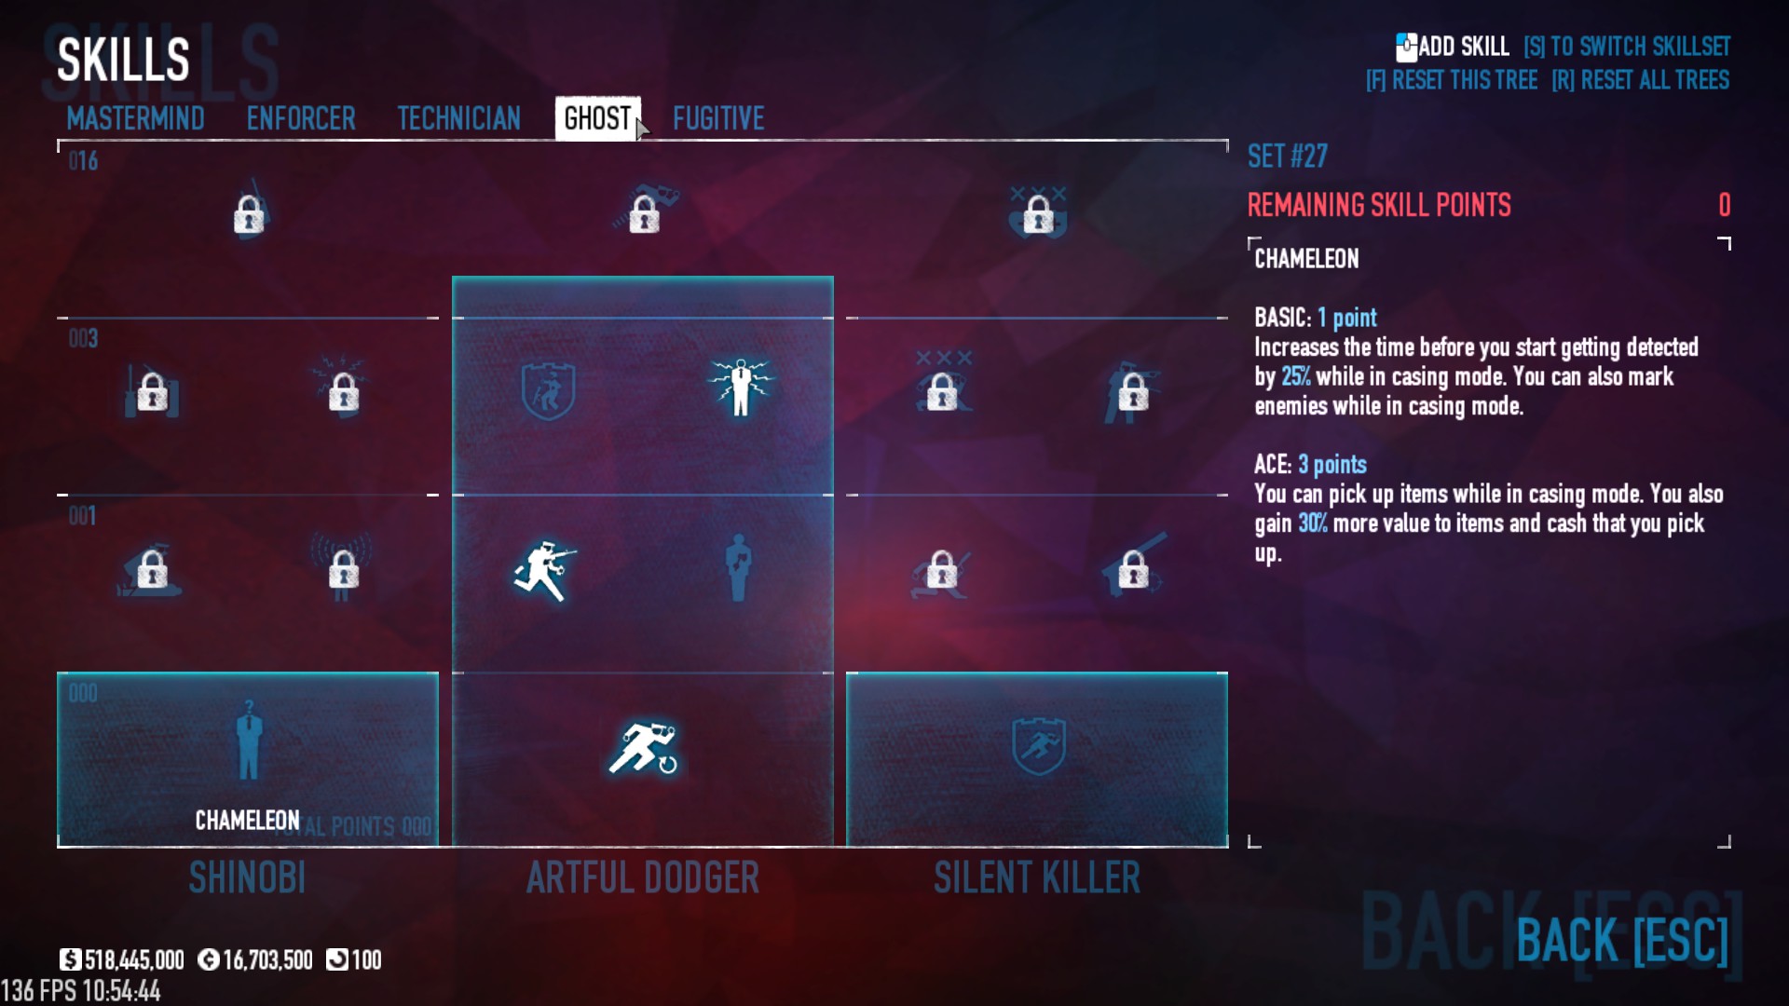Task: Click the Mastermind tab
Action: (135, 118)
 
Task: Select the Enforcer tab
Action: (301, 118)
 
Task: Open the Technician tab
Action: (458, 118)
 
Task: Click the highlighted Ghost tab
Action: (597, 118)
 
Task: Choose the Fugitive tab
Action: (718, 118)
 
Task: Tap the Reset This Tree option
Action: (1452, 80)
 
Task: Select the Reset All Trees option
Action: (1640, 80)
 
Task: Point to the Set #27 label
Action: (1287, 156)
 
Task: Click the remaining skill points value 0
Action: (1724, 205)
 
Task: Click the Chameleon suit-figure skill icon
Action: (248, 742)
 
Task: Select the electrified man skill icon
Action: (740, 387)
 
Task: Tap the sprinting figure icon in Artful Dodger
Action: (643, 748)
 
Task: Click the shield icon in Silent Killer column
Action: (1038, 745)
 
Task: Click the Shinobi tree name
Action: (247, 877)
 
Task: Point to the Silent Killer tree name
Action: (1036, 877)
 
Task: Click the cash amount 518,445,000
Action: (133, 960)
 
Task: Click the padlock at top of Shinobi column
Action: (249, 214)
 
